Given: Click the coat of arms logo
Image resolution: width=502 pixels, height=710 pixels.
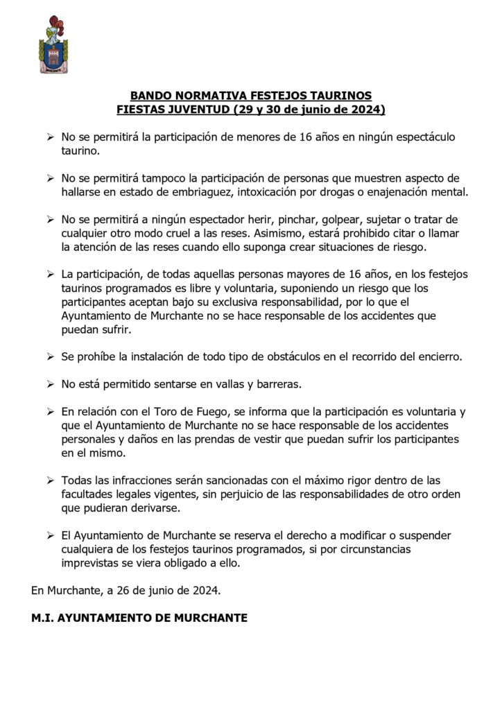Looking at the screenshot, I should pos(53,46).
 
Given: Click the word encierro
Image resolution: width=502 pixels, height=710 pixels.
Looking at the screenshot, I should pos(436,356).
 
